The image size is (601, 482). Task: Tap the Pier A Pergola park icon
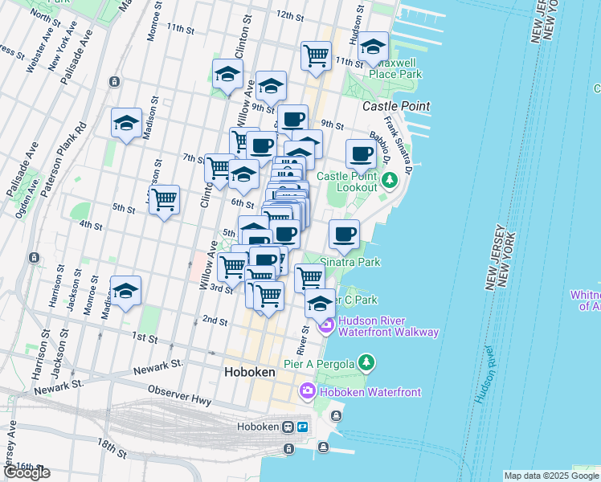(x=366, y=363)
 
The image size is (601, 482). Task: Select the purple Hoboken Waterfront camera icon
(x=307, y=391)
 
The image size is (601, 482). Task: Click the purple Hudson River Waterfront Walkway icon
(x=326, y=325)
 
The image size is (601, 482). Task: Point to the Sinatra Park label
(x=350, y=262)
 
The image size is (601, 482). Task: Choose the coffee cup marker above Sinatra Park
(x=344, y=234)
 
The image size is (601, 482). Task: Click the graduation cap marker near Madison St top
(x=126, y=123)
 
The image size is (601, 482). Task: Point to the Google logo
(x=27, y=472)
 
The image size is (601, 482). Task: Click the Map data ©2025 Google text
(x=550, y=476)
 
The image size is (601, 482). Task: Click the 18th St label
(x=111, y=448)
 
